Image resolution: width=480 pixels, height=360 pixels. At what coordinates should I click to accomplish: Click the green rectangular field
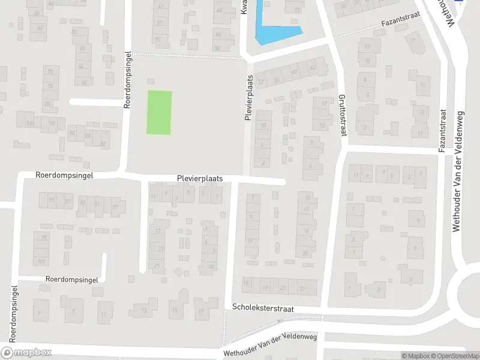point(160,112)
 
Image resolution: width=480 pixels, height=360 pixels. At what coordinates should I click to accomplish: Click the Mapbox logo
point(26,352)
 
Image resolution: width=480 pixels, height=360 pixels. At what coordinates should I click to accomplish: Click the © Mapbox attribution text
point(415,356)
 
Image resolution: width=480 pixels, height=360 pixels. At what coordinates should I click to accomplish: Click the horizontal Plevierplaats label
point(200,179)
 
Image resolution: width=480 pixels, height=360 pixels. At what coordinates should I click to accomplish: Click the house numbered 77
point(114,206)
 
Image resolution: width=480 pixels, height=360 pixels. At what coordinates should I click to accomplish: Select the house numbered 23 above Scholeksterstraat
point(282,288)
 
